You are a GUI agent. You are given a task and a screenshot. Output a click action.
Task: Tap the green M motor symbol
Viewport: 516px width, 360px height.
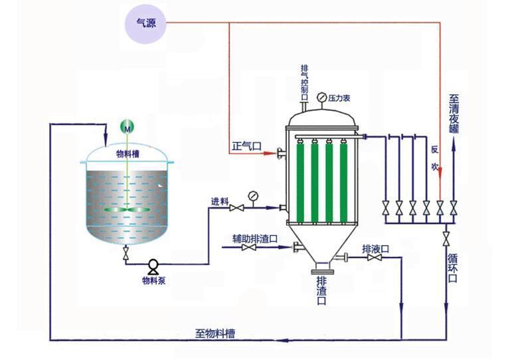(x=126, y=126)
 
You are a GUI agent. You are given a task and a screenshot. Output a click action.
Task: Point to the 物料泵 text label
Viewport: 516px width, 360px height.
(x=153, y=280)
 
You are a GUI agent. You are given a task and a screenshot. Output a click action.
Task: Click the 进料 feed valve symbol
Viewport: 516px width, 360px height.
(x=234, y=209)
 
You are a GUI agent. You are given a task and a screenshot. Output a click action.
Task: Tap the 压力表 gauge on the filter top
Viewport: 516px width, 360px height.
(x=322, y=98)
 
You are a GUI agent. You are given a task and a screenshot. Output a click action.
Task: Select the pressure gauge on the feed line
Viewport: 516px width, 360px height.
(x=252, y=196)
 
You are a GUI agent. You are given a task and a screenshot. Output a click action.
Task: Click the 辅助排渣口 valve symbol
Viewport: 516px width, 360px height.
(x=250, y=248)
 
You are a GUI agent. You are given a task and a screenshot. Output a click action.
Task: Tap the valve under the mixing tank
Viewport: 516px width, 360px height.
(x=126, y=254)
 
